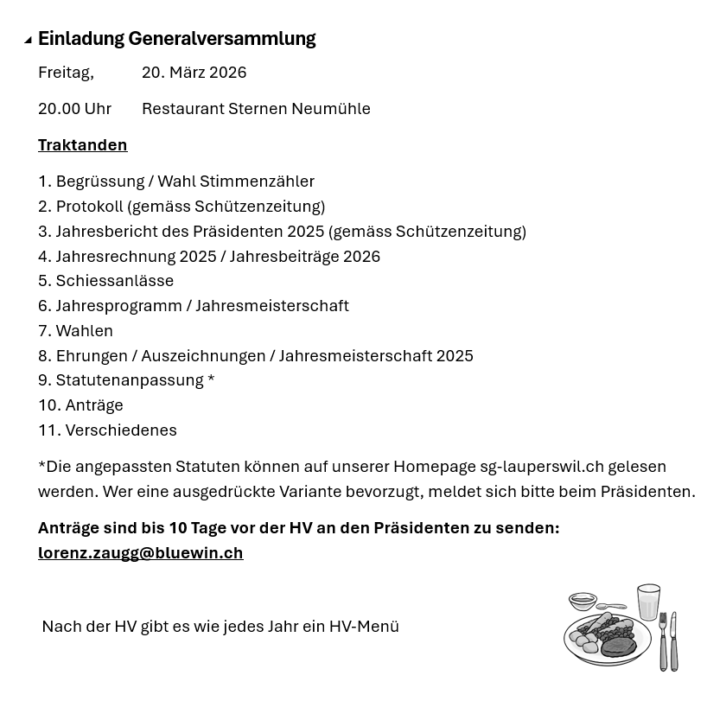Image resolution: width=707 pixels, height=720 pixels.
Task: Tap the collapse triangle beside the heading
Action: tap(28, 40)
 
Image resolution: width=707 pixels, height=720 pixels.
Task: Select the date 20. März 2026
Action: tap(194, 73)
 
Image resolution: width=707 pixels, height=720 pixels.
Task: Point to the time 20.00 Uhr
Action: tap(74, 109)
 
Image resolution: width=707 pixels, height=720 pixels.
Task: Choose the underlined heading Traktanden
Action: tap(82, 145)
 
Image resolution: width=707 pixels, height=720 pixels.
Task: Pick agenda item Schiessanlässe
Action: tap(114, 281)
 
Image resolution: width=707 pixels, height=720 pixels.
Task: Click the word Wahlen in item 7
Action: tap(84, 331)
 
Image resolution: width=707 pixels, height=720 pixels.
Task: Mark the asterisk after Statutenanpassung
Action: tap(211, 380)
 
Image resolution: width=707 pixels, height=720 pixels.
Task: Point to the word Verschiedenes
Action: tap(121, 430)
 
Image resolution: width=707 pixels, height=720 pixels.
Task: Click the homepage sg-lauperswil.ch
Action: tap(542, 467)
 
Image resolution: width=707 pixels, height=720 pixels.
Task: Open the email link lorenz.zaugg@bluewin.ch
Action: tap(140, 553)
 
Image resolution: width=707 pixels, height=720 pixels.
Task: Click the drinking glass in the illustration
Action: tap(648, 602)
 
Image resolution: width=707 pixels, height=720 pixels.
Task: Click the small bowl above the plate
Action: tap(583, 601)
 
